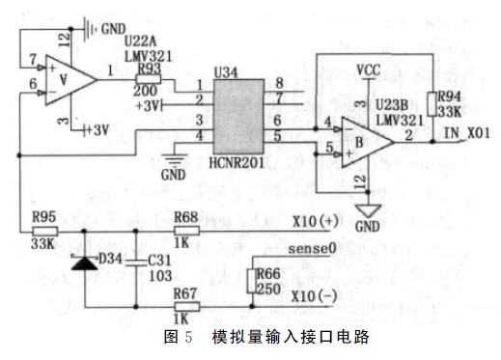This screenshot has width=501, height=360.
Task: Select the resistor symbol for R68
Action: point(185,231)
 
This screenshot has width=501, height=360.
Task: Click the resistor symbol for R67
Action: point(185,306)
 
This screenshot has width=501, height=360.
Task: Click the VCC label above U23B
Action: point(368,69)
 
